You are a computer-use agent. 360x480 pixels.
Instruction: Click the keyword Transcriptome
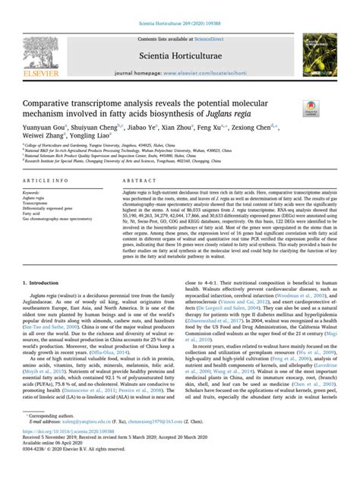coord(38,226)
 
